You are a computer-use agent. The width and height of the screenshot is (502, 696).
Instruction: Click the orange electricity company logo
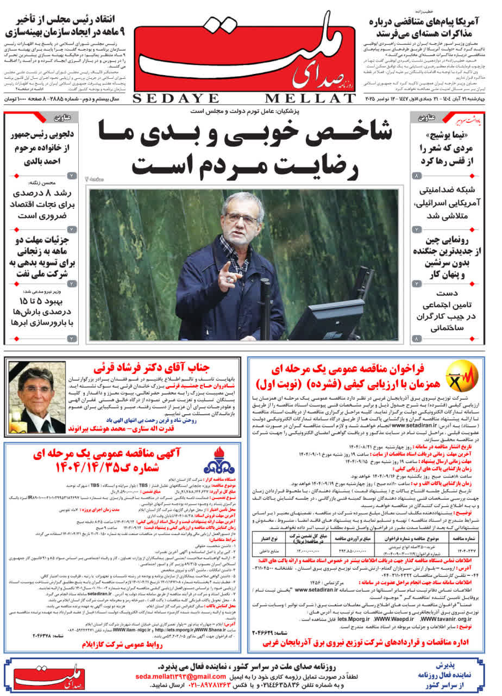(462, 376)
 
